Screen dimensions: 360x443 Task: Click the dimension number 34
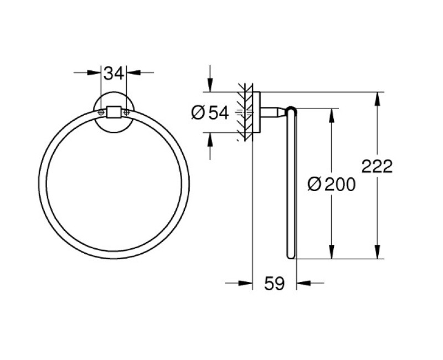[x=113, y=72]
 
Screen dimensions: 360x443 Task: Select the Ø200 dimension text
[x=332, y=184]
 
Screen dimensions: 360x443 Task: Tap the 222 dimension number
[x=377, y=166]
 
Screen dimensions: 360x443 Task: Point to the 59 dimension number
[x=274, y=284]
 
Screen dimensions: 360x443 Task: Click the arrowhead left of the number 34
[x=95, y=72]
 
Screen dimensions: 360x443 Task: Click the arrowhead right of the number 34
[x=132, y=72]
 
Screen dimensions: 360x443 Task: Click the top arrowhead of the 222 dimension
[x=377, y=97]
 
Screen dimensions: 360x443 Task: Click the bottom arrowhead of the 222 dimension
[x=377, y=253]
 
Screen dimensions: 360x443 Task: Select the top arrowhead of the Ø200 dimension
[x=332, y=114]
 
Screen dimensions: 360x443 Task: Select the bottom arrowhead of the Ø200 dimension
[x=332, y=253]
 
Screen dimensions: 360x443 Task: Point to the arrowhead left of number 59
[x=246, y=283]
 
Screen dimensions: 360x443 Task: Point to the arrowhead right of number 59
[x=302, y=283]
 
